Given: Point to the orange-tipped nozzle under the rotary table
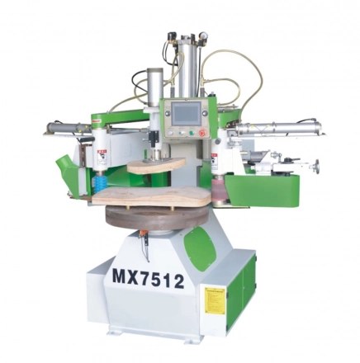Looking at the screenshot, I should (x=142, y=241).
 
